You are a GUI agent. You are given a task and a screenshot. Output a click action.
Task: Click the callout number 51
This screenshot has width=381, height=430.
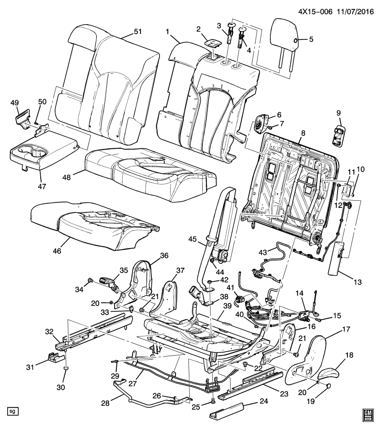[137, 32]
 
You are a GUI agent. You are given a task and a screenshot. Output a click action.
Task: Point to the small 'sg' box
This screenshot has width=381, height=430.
[13, 411]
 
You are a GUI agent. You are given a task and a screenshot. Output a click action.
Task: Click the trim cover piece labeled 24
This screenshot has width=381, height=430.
[227, 409]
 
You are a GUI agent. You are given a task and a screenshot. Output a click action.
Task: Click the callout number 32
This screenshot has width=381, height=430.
[49, 332]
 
